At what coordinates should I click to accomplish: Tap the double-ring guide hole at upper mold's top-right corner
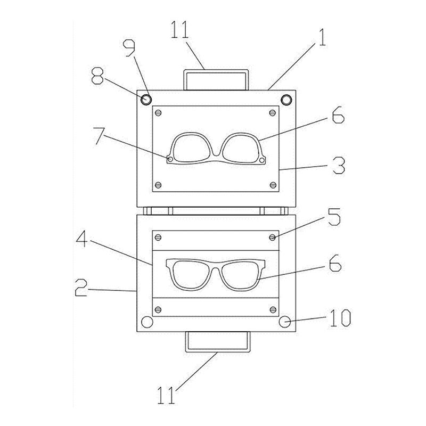pos(286,99)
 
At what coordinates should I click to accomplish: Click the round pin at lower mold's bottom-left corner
pos(146,322)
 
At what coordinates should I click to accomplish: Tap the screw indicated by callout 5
pos(273,236)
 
